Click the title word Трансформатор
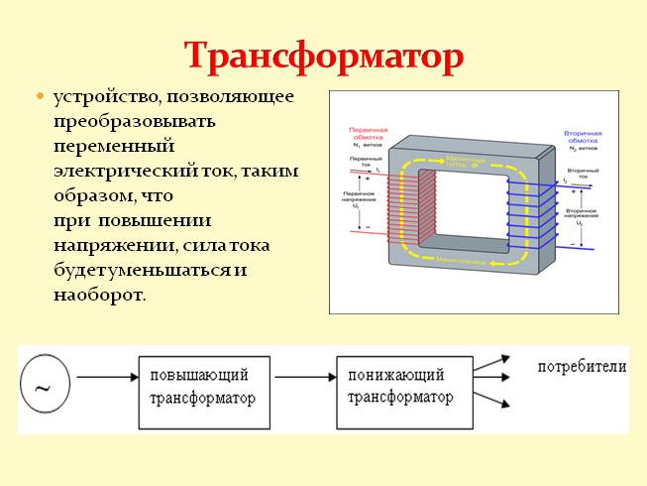point(323,57)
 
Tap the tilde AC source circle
point(43,383)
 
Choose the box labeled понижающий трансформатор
point(400,386)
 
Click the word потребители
point(582,367)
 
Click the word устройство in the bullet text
point(108,98)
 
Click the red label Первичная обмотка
point(368,134)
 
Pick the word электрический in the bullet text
point(127,171)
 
